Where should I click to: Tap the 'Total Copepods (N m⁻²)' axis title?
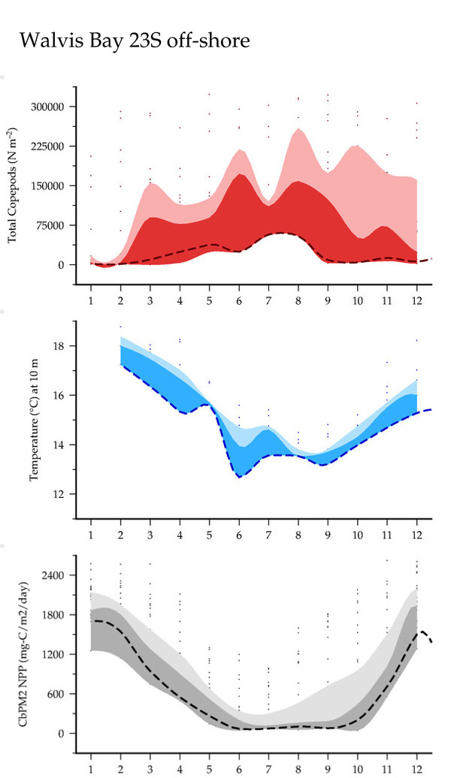tap(13, 185)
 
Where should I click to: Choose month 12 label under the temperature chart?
tap(416, 535)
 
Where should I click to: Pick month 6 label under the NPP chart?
tap(240, 768)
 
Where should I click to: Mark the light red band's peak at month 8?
tap(298, 129)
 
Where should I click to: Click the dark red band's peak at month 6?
tap(240, 174)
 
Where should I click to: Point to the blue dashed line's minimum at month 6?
tap(240, 477)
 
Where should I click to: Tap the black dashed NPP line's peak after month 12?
tap(422, 632)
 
